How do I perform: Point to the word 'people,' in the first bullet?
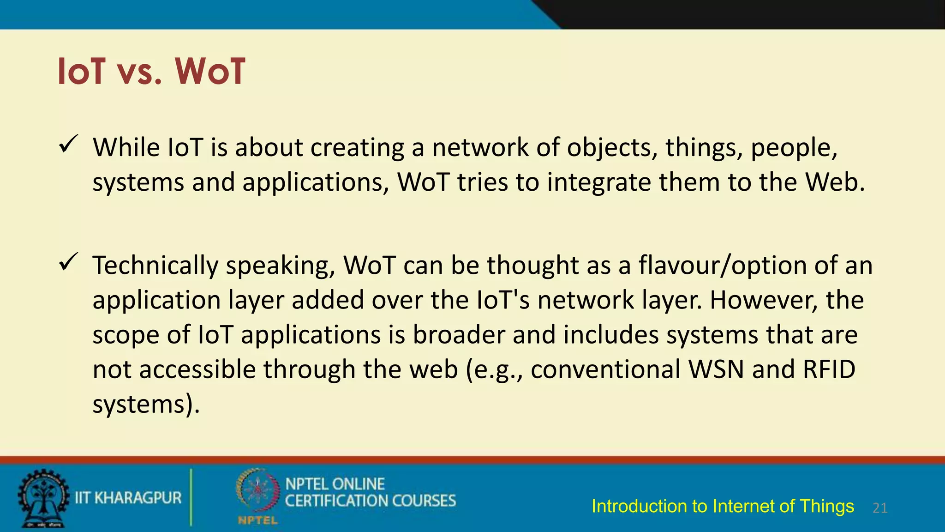point(794,148)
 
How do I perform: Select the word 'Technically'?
point(155,266)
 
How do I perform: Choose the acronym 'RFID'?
point(829,369)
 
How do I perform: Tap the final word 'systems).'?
point(146,405)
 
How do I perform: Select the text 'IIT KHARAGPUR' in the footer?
point(128,498)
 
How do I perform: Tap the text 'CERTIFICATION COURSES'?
point(370,501)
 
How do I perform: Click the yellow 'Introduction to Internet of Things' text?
point(723,506)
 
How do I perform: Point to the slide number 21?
point(880,508)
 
